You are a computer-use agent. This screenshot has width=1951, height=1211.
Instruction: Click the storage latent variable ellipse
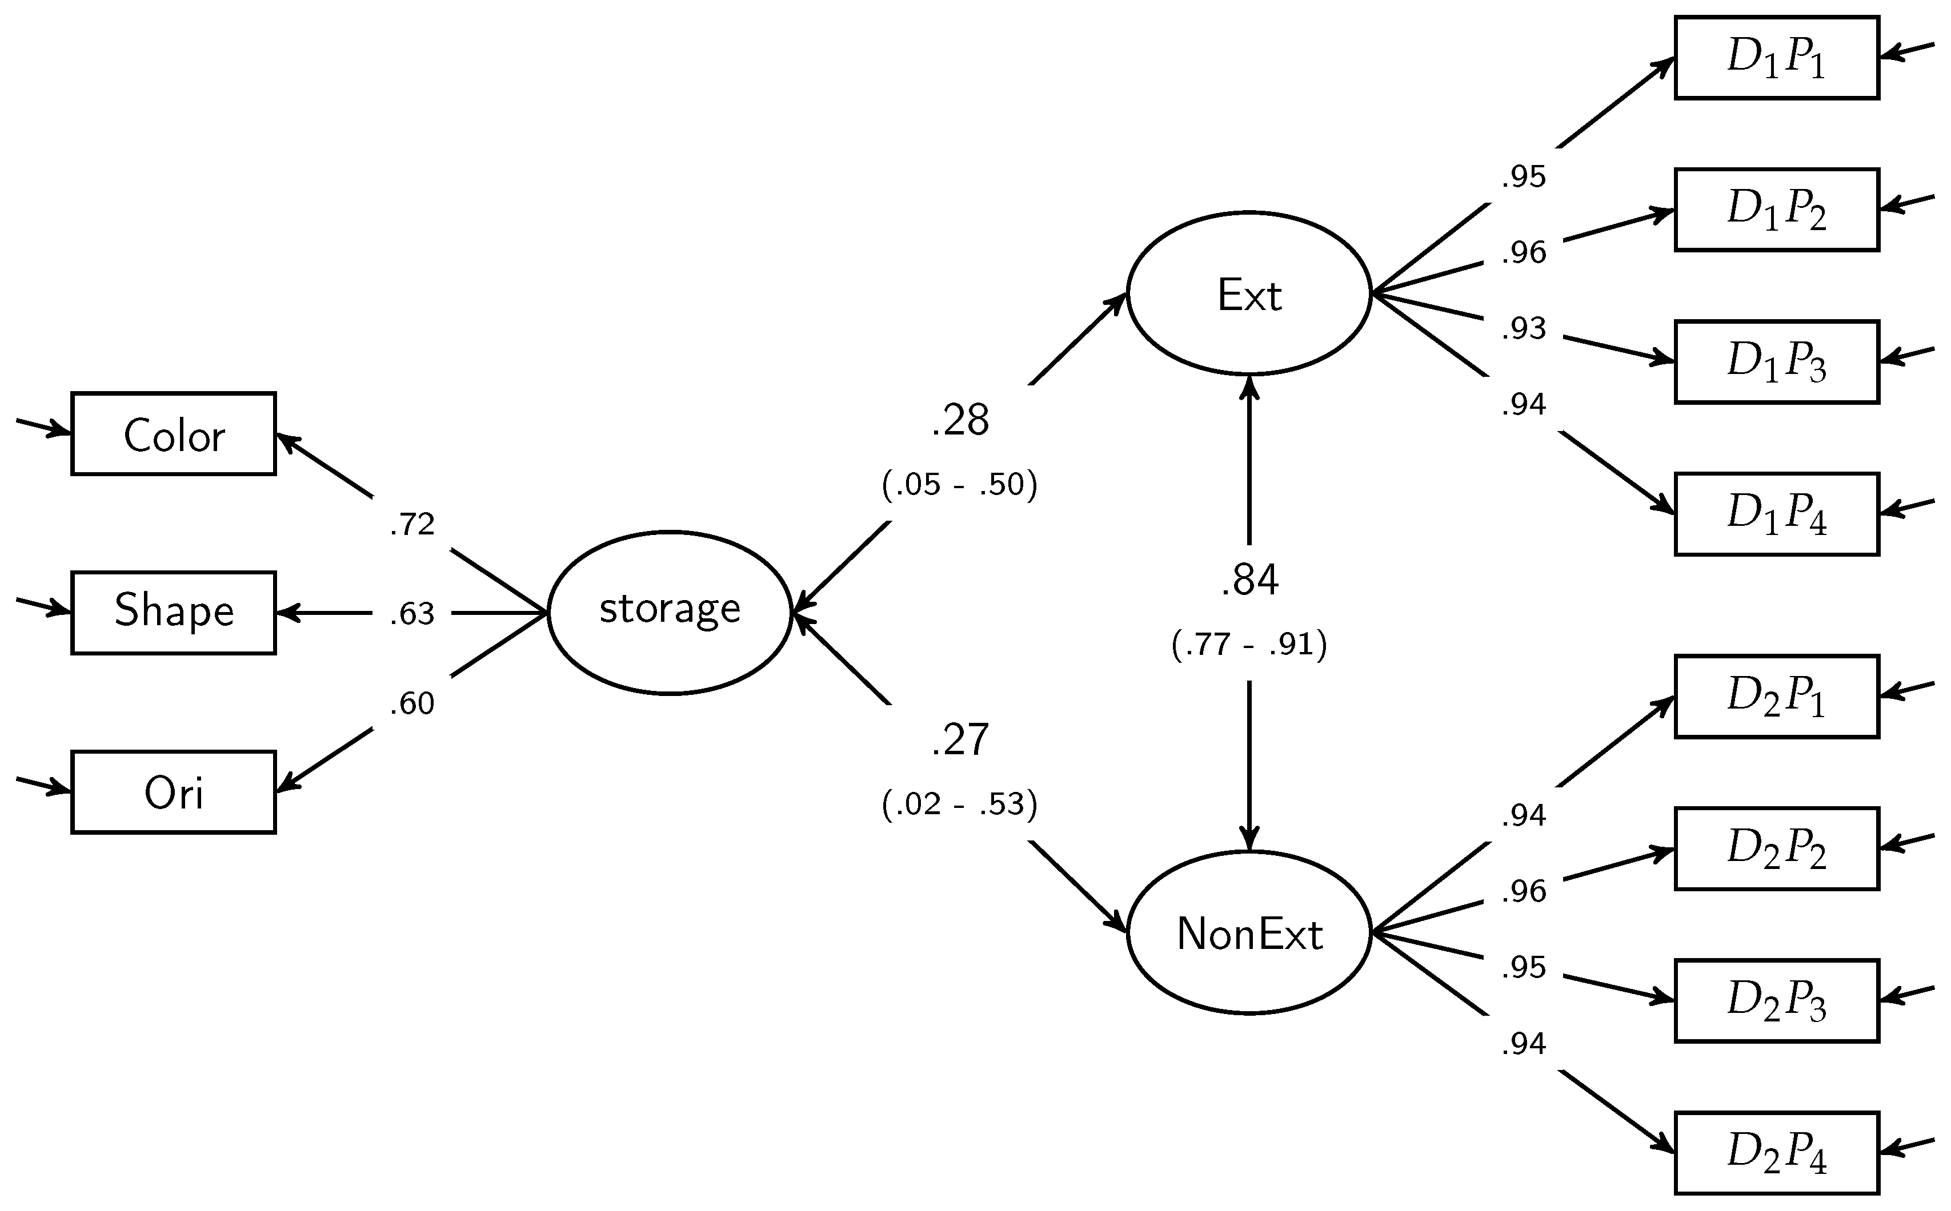click(x=670, y=613)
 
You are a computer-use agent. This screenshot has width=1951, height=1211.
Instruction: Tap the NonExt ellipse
click(x=1249, y=933)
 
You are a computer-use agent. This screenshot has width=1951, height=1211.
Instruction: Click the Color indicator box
click(x=174, y=434)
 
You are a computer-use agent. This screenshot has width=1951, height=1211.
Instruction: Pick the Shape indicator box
click(x=174, y=613)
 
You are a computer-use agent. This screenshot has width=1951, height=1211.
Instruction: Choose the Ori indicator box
click(x=174, y=792)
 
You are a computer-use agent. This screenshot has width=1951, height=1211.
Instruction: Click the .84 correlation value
click(x=1249, y=580)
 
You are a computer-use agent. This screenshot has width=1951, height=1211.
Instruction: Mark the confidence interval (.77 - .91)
click(x=1249, y=644)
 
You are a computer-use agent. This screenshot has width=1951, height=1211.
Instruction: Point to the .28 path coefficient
click(x=960, y=420)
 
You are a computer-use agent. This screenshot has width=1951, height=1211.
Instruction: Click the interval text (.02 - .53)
click(x=960, y=804)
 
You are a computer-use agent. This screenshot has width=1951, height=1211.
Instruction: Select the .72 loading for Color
click(x=412, y=524)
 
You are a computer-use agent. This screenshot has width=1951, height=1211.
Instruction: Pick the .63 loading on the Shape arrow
click(x=412, y=614)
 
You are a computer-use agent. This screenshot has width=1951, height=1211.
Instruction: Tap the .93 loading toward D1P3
click(x=1523, y=328)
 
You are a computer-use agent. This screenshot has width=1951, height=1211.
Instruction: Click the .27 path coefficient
click(x=960, y=740)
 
